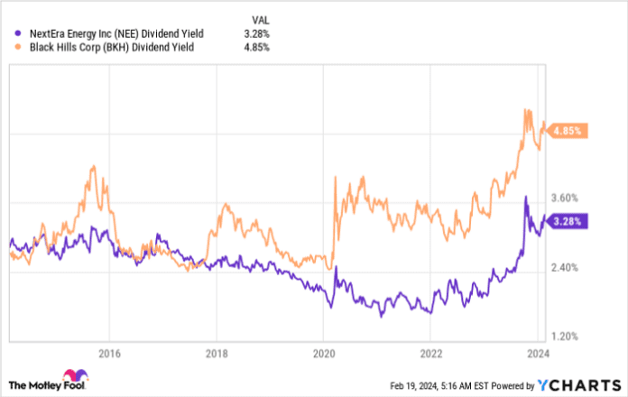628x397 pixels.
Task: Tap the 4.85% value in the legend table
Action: pyautogui.click(x=257, y=46)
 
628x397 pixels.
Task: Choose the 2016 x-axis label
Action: pyautogui.click(x=108, y=353)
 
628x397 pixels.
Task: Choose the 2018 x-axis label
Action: pyautogui.click(x=216, y=353)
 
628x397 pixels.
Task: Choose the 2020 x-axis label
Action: pyautogui.click(x=323, y=353)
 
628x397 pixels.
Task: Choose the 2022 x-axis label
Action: pyautogui.click(x=431, y=353)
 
